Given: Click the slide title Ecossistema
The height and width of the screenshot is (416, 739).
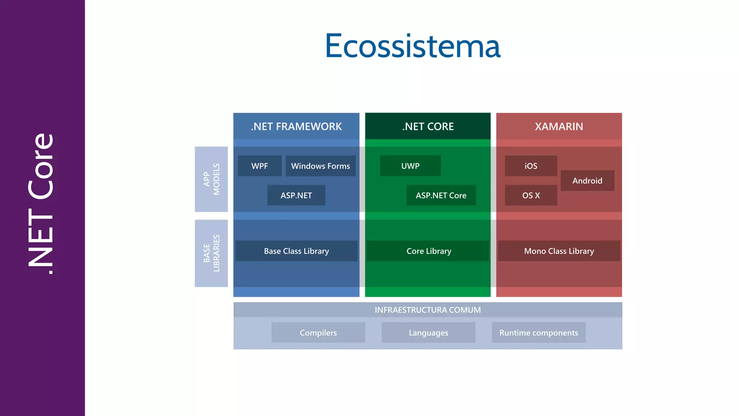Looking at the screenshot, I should coord(412,46).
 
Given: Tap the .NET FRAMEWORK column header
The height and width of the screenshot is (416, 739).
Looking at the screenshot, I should coord(296,126).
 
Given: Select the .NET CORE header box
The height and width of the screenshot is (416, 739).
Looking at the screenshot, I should coord(428,126).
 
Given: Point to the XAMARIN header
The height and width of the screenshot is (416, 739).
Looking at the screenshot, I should coord(559,126).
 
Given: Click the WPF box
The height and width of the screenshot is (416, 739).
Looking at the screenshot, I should coord(259,166).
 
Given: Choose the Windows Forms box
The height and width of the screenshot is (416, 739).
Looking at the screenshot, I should coord(320,166).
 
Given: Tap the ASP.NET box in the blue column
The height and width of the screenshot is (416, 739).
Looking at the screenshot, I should coord(296,195).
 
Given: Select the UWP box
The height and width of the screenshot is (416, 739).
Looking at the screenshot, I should coord(410,166).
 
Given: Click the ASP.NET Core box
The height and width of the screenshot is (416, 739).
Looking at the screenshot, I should coord(441,195).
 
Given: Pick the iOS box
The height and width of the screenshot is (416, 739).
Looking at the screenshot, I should coord(531,166).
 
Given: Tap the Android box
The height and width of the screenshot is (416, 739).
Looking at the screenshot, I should coord(587,181).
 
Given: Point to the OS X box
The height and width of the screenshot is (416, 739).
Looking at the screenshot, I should coord(531,195).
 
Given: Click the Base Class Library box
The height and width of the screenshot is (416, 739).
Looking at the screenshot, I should coord(296,251).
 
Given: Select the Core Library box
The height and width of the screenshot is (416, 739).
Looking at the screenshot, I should coord(428,251).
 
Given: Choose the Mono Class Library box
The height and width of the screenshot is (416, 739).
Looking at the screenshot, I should coord(559,251).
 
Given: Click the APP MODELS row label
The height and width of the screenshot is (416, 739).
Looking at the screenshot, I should coord(211,179).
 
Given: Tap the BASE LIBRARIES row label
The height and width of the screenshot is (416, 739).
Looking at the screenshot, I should coord(211,253).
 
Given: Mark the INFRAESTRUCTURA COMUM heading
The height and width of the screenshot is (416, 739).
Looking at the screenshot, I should coord(428,310).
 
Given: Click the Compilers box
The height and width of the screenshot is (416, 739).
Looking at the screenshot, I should coord(318,333).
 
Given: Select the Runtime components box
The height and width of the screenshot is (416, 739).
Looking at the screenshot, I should coord(538,333).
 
